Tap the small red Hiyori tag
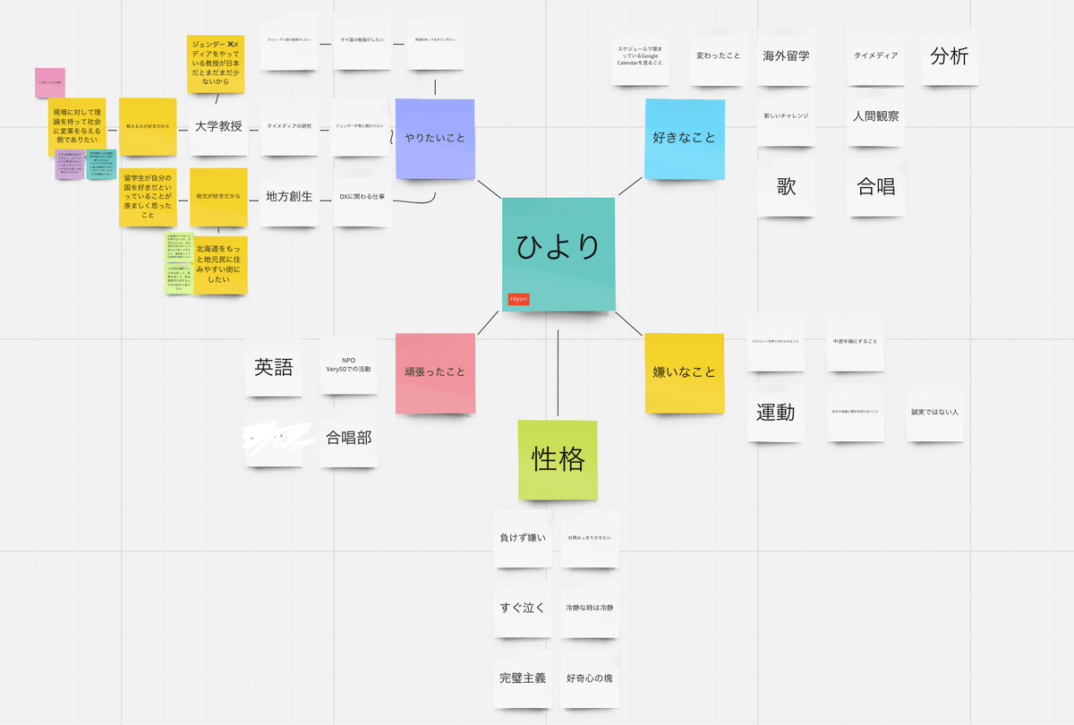(518, 299)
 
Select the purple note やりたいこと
(435, 138)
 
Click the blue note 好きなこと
(685, 138)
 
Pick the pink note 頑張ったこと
(435, 372)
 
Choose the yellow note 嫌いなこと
(685, 372)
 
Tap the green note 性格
(558, 460)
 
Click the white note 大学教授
(218, 126)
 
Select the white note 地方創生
(289, 196)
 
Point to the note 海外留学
(786, 55)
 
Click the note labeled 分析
(949, 55)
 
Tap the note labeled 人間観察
(876, 115)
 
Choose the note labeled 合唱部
(348, 438)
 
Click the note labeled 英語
(274, 367)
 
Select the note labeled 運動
(776, 413)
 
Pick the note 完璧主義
(523, 678)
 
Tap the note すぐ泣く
(523, 608)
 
